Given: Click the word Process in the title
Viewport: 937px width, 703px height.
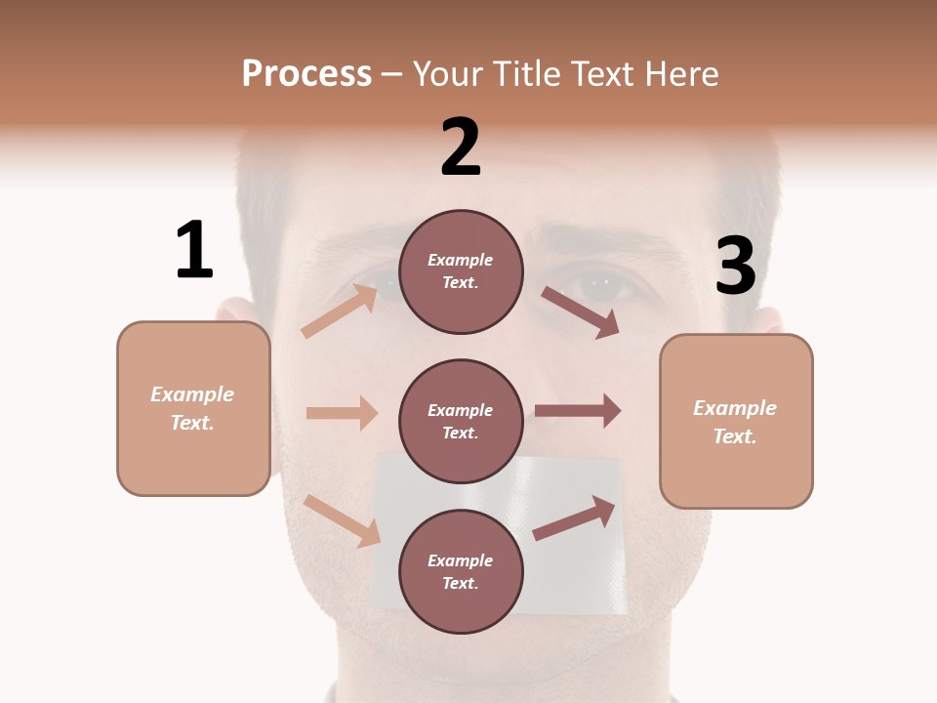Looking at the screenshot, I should click(306, 73).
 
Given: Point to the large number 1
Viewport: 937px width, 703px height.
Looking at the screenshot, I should click(194, 250).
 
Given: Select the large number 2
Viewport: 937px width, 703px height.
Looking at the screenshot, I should click(461, 147).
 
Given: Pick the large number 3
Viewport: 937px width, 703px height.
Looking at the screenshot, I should click(735, 266).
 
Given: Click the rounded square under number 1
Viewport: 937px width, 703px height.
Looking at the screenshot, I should click(193, 408).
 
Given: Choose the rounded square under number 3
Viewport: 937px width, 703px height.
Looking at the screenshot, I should click(736, 422).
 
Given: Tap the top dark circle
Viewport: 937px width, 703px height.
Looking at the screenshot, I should click(461, 271).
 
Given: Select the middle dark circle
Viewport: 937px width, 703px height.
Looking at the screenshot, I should click(461, 422).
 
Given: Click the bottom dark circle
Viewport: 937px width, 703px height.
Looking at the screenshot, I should click(461, 572).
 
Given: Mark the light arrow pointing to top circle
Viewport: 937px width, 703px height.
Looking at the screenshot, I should click(340, 310).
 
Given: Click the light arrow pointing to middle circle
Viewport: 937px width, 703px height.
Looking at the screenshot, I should click(342, 413).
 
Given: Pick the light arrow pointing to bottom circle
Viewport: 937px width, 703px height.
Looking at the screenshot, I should click(343, 520).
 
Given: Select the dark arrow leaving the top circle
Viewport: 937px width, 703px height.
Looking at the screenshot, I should click(581, 312).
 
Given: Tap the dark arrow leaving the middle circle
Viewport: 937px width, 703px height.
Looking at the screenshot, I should click(578, 411).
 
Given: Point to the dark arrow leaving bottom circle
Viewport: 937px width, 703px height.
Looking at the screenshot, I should click(574, 518).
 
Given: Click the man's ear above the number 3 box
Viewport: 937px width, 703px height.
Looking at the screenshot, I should click(768, 319).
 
